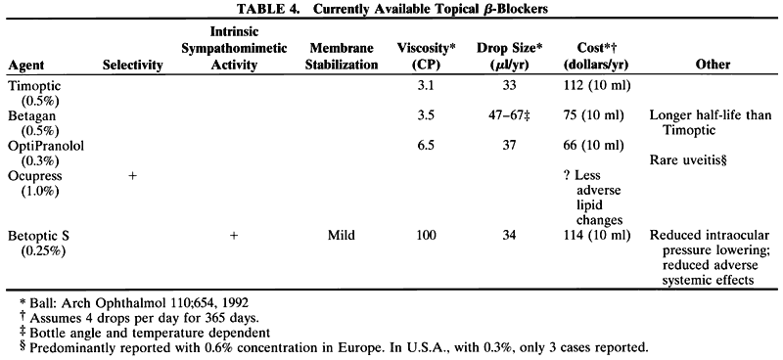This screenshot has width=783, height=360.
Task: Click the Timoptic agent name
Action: [34, 86]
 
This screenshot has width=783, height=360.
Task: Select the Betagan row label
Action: [31, 116]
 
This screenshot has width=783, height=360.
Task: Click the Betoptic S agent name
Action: [40, 236]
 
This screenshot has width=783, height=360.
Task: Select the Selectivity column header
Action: [133, 65]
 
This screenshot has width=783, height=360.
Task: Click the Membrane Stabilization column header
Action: [341, 58]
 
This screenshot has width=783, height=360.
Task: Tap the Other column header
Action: [715, 65]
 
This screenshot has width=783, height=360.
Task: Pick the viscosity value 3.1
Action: [427, 86]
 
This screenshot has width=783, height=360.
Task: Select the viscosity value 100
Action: [427, 236]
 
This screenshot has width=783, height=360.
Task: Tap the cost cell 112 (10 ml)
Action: [596, 86]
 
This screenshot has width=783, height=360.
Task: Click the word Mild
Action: [341, 236]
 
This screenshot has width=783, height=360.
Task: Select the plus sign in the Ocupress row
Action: [133, 176]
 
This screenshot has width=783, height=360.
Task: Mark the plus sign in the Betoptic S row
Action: [234, 236]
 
